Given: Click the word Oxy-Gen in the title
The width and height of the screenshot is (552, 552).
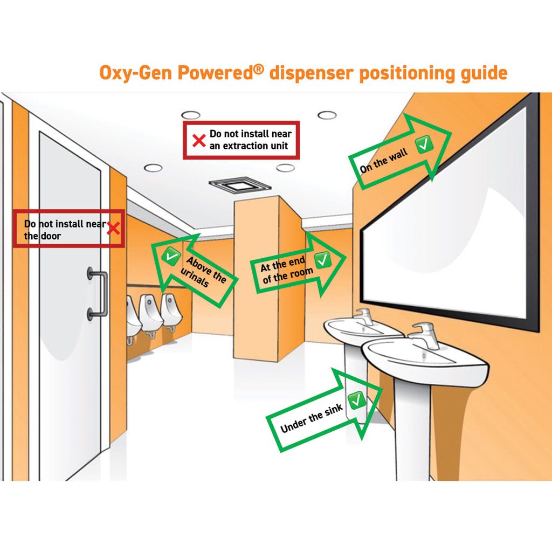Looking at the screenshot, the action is pos(135,73).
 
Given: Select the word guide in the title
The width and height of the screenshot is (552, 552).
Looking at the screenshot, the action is pos(484,73).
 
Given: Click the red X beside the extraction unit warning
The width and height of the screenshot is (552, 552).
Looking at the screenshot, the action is pos(199,141).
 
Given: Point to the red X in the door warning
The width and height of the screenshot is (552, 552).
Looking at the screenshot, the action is pos(113,229).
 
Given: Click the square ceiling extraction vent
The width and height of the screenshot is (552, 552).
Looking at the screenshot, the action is pos(240,184).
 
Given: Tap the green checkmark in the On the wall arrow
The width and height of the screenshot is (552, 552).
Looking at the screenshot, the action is pos(424,144).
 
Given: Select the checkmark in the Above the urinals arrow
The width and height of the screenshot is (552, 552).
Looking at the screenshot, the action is pos(171,256).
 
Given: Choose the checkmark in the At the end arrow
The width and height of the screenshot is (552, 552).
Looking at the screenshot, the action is pos(322,260).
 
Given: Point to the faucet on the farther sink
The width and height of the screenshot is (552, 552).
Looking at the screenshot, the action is pos(364,316).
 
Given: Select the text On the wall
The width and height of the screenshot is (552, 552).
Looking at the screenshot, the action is pos(383,161).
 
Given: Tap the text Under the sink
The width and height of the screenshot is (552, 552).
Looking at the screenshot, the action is pos(312,418).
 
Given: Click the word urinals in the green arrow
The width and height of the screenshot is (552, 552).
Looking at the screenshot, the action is pos(194,277).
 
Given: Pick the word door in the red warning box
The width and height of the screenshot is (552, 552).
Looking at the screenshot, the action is pos(51,236).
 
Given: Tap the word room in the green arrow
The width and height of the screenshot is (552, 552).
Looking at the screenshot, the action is pos(302,273).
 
